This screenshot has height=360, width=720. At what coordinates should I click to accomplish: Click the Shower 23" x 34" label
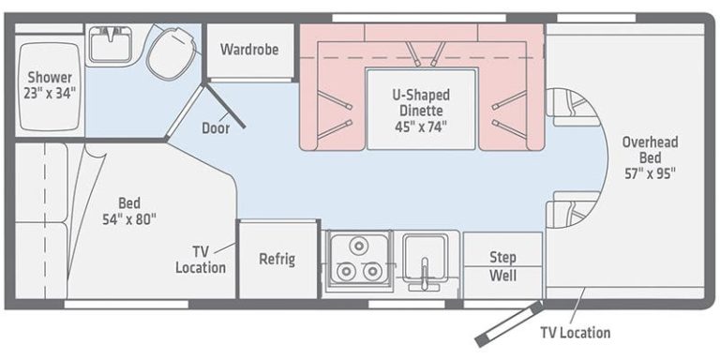[x=51, y=84]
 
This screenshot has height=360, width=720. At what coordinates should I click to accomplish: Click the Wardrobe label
[x=249, y=49]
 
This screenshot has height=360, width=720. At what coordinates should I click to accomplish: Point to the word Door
[x=217, y=128]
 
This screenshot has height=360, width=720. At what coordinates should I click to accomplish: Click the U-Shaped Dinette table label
[x=420, y=102]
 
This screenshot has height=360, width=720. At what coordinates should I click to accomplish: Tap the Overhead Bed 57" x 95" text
[x=650, y=157]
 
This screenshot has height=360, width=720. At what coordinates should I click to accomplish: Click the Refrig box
[x=277, y=259]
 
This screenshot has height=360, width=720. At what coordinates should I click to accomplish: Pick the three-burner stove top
[x=357, y=260]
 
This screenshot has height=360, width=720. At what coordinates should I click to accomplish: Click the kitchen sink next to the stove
[x=427, y=254]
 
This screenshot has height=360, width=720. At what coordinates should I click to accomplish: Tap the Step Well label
[x=502, y=265]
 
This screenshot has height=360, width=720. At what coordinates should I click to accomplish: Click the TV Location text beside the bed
[x=201, y=260]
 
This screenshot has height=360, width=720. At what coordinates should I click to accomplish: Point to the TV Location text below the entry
[x=575, y=332]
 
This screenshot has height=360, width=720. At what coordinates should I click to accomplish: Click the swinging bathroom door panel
[x=226, y=105]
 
